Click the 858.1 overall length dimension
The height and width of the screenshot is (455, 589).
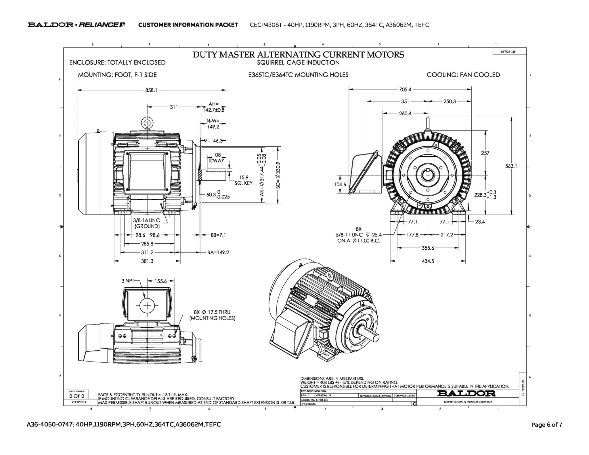pyautogui.click(x=151, y=90)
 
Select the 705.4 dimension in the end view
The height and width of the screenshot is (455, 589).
pyautogui.click(x=405, y=89)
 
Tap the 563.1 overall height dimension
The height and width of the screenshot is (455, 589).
pyautogui.click(x=511, y=166)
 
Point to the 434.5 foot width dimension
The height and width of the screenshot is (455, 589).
pyautogui.click(x=428, y=261)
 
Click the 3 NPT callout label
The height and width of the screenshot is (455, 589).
pyautogui.click(x=128, y=281)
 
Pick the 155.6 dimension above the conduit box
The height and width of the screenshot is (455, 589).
pyautogui.click(x=161, y=281)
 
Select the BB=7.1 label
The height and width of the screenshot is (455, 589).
pyautogui.click(x=218, y=235)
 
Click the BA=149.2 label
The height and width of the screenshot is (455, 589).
pyautogui.click(x=218, y=253)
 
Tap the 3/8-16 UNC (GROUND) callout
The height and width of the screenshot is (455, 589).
pyautogui.click(x=146, y=223)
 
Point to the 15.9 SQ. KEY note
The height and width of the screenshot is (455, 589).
pyautogui.click(x=243, y=180)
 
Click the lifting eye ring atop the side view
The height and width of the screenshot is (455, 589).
pyautogui.click(x=147, y=123)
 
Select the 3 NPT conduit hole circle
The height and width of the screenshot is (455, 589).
pyautogui.click(x=147, y=305)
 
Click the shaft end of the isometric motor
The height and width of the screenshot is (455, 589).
pyautogui.click(x=374, y=336)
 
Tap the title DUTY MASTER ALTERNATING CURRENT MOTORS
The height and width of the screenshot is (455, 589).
pyautogui.click(x=298, y=55)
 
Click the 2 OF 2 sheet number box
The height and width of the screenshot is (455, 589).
pyautogui.click(x=77, y=396)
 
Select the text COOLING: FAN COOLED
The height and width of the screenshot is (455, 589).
pyautogui.click(x=463, y=75)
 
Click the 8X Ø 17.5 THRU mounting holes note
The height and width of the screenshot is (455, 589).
pyautogui.click(x=212, y=315)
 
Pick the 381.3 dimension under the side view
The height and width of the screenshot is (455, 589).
pyautogui.click(x=147, y=261)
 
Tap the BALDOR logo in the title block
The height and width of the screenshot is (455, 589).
pyautogui.click(x=466, y=393)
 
